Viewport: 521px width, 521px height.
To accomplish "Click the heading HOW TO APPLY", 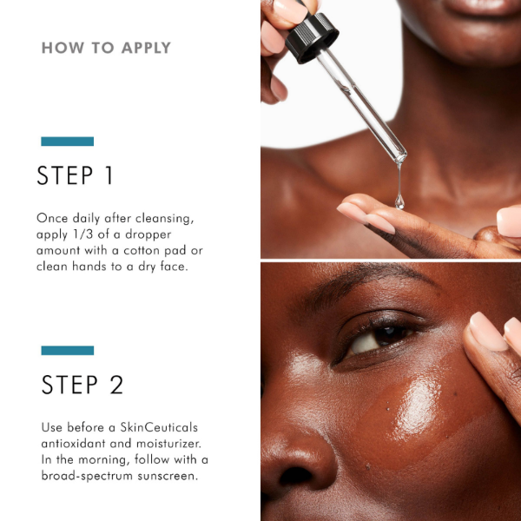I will (106, 48).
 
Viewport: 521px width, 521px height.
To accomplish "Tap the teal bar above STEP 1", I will (67, 141).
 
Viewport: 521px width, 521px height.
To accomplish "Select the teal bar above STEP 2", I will (67, 350).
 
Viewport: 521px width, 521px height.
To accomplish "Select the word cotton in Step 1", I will (152, 250).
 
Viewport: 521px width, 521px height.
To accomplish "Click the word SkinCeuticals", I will (150, 428).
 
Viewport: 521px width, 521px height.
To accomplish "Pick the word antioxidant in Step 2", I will (75, 444).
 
